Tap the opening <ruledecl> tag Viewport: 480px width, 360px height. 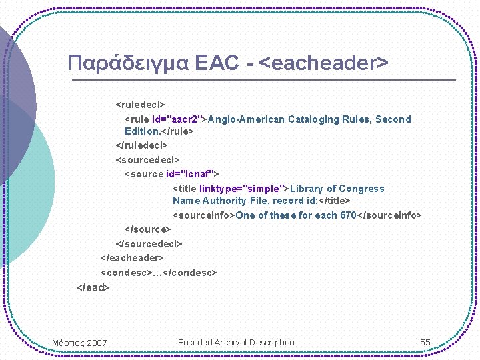tap(141, 105)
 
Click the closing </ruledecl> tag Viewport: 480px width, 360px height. tap(142, 145)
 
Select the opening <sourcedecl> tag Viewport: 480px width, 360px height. tap(148, 160)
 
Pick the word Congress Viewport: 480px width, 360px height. tap(363, 189)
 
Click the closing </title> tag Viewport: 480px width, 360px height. tap(335, 201)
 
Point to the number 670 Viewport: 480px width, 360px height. tap(349, 215)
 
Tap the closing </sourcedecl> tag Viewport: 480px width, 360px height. tap(149, 244)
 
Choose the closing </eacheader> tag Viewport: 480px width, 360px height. tap(132, 258)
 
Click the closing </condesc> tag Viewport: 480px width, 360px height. tap(191, 273)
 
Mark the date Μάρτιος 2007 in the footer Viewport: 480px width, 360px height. tap(79, 343)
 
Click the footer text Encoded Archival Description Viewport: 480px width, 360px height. tap(236, 343)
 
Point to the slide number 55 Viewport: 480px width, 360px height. tap(425, 343)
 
